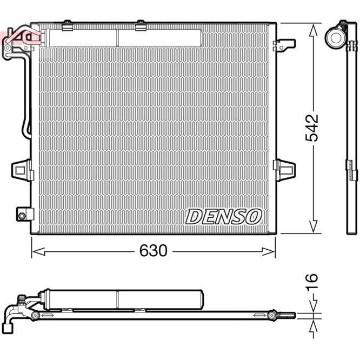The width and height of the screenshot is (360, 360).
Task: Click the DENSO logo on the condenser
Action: [x=223, y=217]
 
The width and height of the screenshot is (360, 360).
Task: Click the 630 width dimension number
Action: [x=154, y=251]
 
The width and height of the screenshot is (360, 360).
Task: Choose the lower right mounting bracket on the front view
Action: [x=285, y=168]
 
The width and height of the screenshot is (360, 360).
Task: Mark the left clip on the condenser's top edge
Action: [x=67, y=24]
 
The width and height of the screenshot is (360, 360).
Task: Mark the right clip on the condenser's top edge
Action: [x=141, y=24]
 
